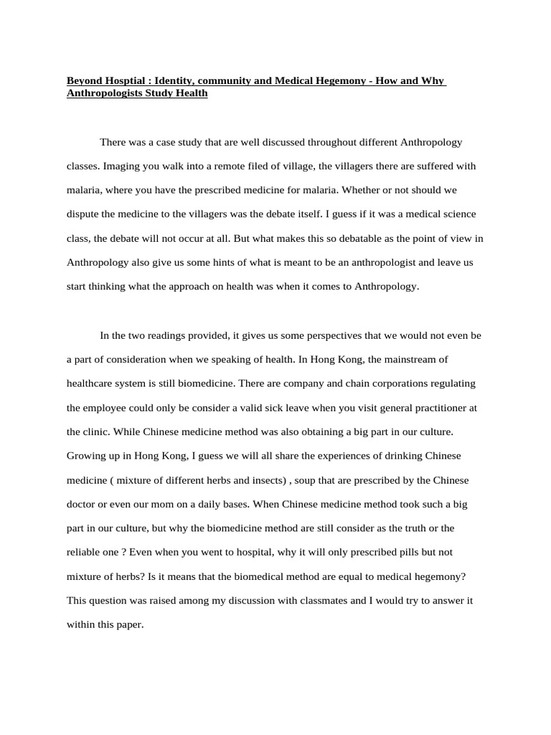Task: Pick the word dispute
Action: point(85,214)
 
